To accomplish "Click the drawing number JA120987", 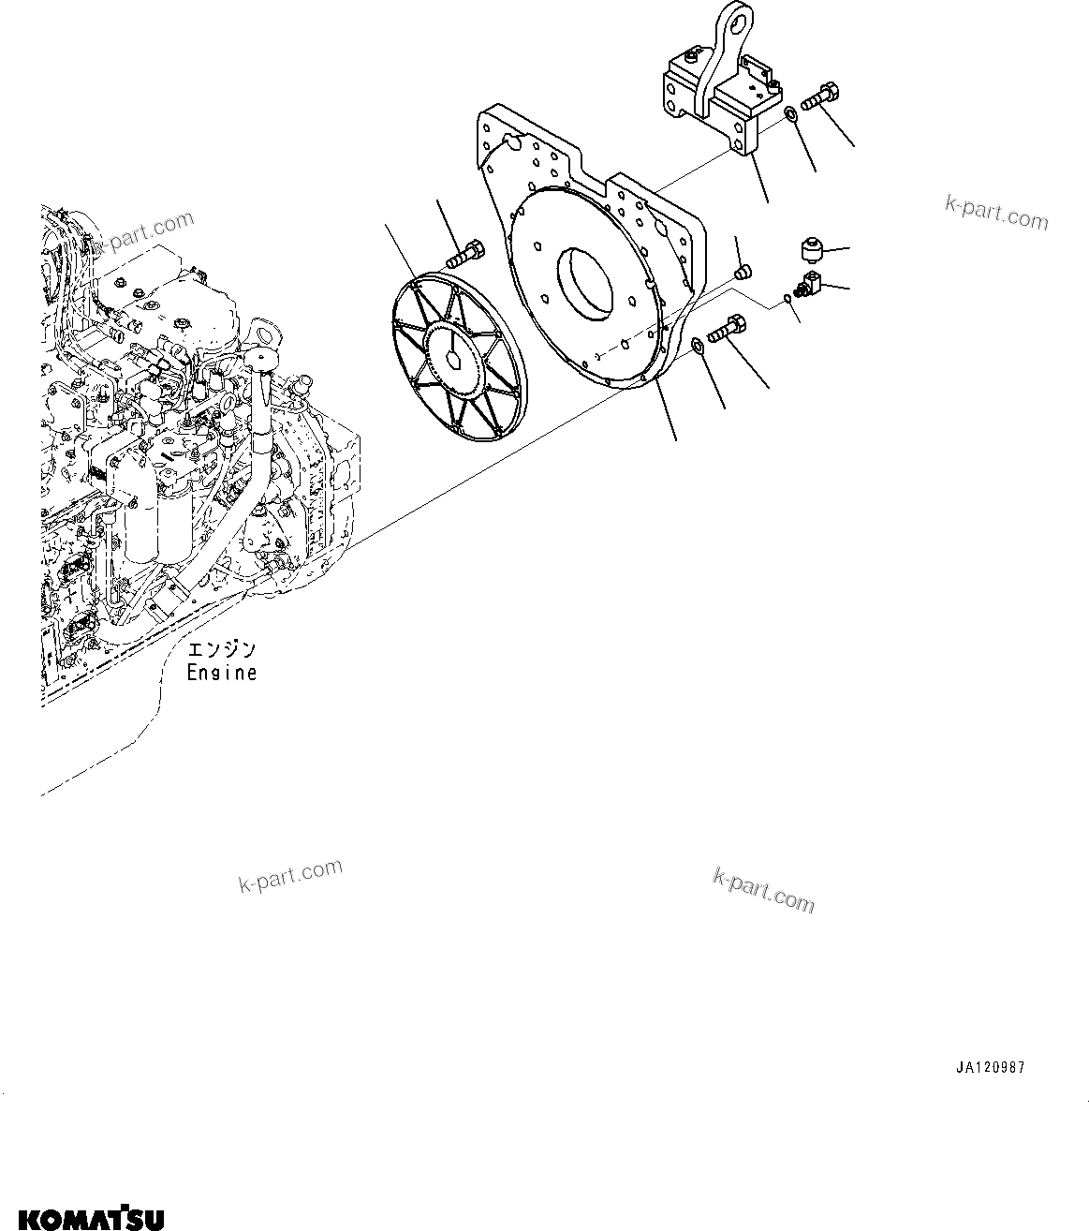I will click(990, 1068).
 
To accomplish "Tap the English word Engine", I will click(221, 673).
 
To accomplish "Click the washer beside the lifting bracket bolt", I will click(790, 115).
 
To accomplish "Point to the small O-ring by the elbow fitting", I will click(788, 301).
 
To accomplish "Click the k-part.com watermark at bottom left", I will click(290, 876).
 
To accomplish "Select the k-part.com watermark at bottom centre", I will click(763, 889).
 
